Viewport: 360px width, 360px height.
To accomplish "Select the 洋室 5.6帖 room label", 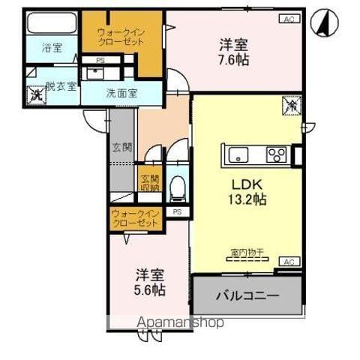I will click(151, 281).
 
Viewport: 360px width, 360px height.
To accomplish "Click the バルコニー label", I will click(247, 295).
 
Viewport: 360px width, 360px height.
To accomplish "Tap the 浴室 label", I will click(52, 48).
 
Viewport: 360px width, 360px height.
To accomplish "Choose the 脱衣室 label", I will click(61, 86).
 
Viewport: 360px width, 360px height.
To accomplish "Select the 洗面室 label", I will click(120, 94).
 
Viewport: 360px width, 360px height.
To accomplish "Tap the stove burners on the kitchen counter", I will click(275, 156).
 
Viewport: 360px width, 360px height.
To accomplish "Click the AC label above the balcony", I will click(289, 261).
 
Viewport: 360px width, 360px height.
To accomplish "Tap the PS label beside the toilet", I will click(177, 212).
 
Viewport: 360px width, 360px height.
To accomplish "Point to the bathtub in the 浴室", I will click(52, 23).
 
